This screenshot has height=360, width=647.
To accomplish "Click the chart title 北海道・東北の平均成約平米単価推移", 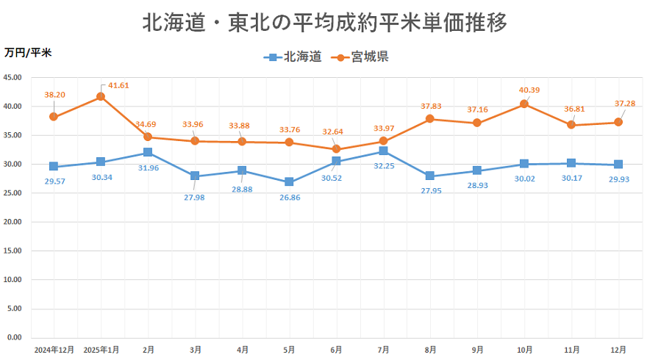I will pyautogui.click(x=324, y=23).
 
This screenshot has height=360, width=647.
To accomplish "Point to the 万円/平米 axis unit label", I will pyautogui.click(x=28, y=53).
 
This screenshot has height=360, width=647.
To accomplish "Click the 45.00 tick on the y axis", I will pyautogui.click(x=13, y=77).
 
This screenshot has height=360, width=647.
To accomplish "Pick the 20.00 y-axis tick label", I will pyautogui.click(x=13, y=222).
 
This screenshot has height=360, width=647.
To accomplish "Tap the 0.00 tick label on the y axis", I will pyautogui.click(x=15, y=337).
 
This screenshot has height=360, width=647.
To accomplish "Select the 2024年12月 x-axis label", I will pyautogui.click(x=54, y=350).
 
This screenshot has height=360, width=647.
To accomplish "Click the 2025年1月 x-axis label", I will pyautogui.click(x=101, y=350).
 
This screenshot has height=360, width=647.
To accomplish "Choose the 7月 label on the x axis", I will pyautogui.click(x=383, y=350).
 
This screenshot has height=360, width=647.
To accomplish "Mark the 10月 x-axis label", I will pyautogui.click(x=524, y=350).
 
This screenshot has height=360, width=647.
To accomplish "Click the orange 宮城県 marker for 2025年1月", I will pyautogui.click(x=101, y=97).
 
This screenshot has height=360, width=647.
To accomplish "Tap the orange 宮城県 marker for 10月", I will pyautogui.click(x=524, y=104).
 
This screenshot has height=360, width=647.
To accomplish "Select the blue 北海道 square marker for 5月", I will pyautogui.click(x=289, y=181).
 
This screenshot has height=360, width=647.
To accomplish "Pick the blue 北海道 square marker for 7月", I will pyautogui.click(x=383, y=151).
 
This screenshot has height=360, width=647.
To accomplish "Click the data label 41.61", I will pyautogui.click(x=118, y=85).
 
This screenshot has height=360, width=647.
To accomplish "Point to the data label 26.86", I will pyautogui.click(x=289, y=196).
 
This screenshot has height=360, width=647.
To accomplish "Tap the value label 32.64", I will pyautogui.click(x=336, y=132).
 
